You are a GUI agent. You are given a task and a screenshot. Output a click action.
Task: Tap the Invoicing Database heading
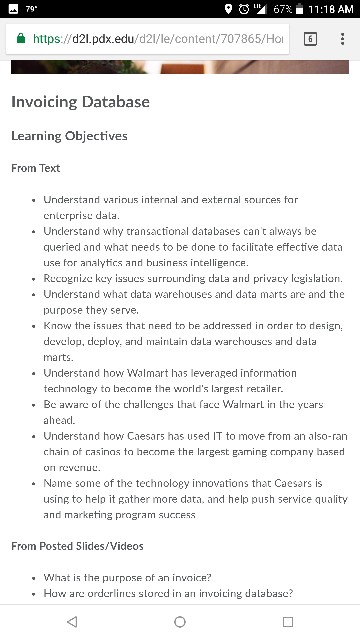click(x=80, y=102)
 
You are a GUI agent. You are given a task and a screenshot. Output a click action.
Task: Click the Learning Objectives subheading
click(x=69, y=136)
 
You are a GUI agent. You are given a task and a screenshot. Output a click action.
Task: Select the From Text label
click(x=35, y=168)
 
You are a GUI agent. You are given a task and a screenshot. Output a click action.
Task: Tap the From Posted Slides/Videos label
click(x=77, y=546)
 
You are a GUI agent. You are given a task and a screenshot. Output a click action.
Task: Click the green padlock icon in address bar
click(x=20, y=39)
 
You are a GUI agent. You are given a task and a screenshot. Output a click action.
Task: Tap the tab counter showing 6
click(x=310, y=39)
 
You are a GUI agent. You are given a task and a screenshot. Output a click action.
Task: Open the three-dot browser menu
click(x=343, y=39)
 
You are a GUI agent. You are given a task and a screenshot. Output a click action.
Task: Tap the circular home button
click(x=180, y=621)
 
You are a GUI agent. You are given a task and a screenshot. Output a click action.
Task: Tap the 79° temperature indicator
click(x=30, y=9)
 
